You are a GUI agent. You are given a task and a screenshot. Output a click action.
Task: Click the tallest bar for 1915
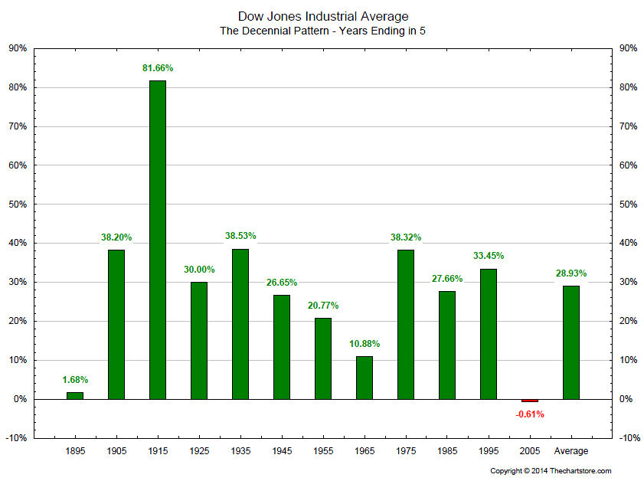[157, 239]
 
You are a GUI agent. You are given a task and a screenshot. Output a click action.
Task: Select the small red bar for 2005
[530, 401]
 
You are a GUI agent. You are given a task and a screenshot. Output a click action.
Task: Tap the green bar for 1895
[74, 395]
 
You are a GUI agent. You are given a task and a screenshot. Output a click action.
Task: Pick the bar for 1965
[364, 378]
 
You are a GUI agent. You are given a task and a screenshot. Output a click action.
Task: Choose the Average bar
[571, 342]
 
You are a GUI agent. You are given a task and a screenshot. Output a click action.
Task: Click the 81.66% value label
[158, 68]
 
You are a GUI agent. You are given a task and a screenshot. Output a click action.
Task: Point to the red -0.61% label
[530, 414]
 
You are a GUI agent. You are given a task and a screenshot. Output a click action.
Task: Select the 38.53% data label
[240, 236]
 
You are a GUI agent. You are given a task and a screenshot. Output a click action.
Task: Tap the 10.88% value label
[364, 344]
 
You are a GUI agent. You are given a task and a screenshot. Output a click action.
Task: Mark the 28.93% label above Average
[571, 273]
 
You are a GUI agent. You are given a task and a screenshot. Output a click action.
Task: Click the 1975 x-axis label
[406, 451]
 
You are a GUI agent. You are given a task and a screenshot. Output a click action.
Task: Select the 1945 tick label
[282, 451]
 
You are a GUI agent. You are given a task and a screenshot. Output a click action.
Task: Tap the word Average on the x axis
[571, 451]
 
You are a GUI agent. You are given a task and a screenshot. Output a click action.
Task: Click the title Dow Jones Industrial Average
[323, 16]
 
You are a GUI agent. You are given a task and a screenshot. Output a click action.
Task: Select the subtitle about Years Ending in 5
[323, 31]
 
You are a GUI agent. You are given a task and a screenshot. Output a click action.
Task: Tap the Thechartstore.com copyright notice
[551, 471]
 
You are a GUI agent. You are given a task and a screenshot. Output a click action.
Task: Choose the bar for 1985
[447, 345]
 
